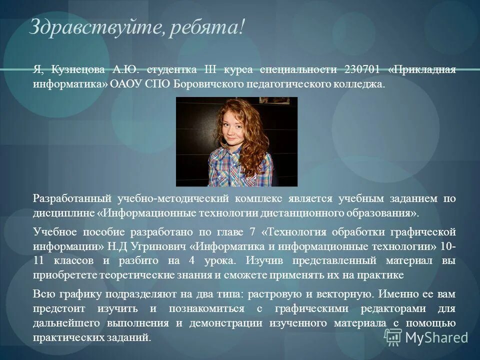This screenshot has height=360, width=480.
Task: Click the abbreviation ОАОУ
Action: coord(123,83)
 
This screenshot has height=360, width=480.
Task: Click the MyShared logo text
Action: coord(436,337)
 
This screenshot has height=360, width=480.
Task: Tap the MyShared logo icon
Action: coord(393,337)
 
